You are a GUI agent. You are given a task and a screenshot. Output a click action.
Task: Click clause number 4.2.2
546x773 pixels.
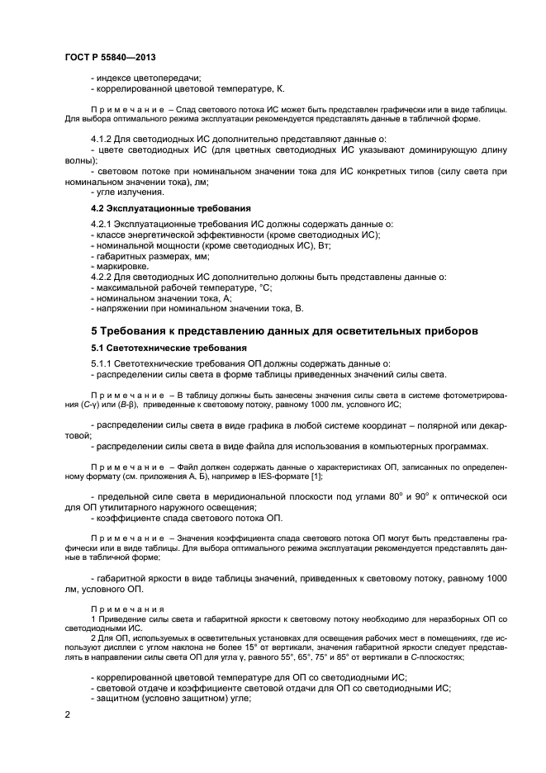pos(102,277)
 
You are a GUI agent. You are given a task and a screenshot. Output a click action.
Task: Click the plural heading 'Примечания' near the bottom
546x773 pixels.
pos(122,608)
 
